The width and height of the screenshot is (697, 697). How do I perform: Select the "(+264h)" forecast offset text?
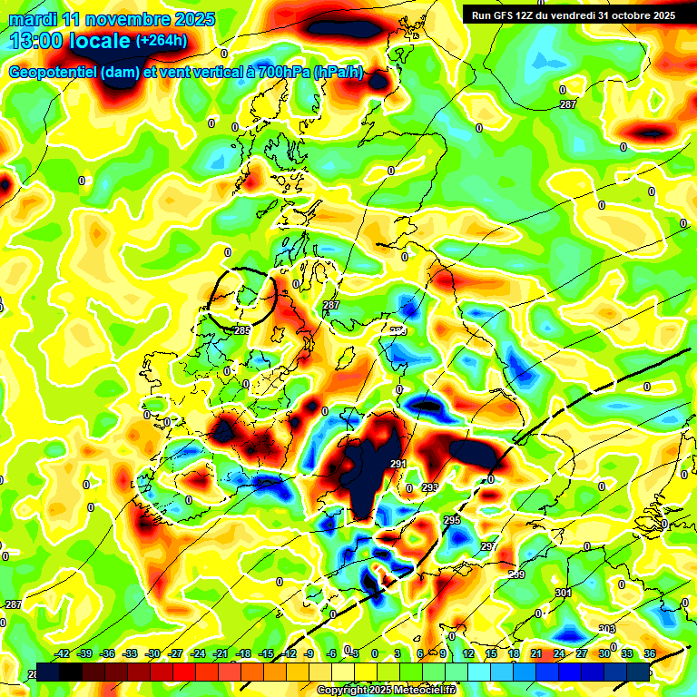[x=162, y=40]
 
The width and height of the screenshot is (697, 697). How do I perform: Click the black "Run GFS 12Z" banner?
[x=569, y=15]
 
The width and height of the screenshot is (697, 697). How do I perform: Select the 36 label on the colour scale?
[x=649, y=653]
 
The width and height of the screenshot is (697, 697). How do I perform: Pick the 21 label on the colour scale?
[x=535, y=653]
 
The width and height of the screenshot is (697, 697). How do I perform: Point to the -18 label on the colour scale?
[x=242, y=653]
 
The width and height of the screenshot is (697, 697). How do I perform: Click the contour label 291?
[x=398, y=465]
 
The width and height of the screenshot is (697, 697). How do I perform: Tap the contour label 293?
[x=430, y=487]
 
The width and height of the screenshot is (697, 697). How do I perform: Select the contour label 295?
[x=452, y=520]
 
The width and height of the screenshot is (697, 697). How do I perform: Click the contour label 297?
[x=488, y=546]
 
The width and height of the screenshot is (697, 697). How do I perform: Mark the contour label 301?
[x=563, y=593]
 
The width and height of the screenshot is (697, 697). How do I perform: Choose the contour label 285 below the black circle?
[x=242, y=330]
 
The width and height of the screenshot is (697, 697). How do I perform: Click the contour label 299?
[x=516, y=574]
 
